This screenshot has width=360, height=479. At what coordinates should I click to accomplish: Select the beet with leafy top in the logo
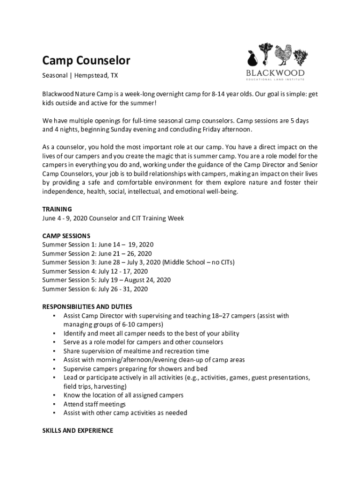(266, 54)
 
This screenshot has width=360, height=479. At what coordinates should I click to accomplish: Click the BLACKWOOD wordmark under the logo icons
(275, 73)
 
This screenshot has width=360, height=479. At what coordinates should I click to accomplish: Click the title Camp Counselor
(86, 60)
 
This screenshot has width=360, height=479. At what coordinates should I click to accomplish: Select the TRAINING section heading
(57, 209)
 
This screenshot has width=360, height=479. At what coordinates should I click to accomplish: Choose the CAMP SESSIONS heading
(66, 236)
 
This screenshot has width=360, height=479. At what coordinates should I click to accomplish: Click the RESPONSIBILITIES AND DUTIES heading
(86, 307)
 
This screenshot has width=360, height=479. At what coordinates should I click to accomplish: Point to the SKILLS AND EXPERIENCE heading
(78, 430)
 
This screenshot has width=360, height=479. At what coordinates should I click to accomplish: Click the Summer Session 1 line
(98, 245)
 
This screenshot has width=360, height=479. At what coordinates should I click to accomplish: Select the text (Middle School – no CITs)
(198, 262)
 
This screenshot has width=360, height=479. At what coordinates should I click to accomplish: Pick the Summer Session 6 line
(95, 289)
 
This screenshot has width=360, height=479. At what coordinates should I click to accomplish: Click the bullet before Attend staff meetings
(55, 404)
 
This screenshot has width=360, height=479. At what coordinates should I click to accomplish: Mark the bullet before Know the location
(55, 395)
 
